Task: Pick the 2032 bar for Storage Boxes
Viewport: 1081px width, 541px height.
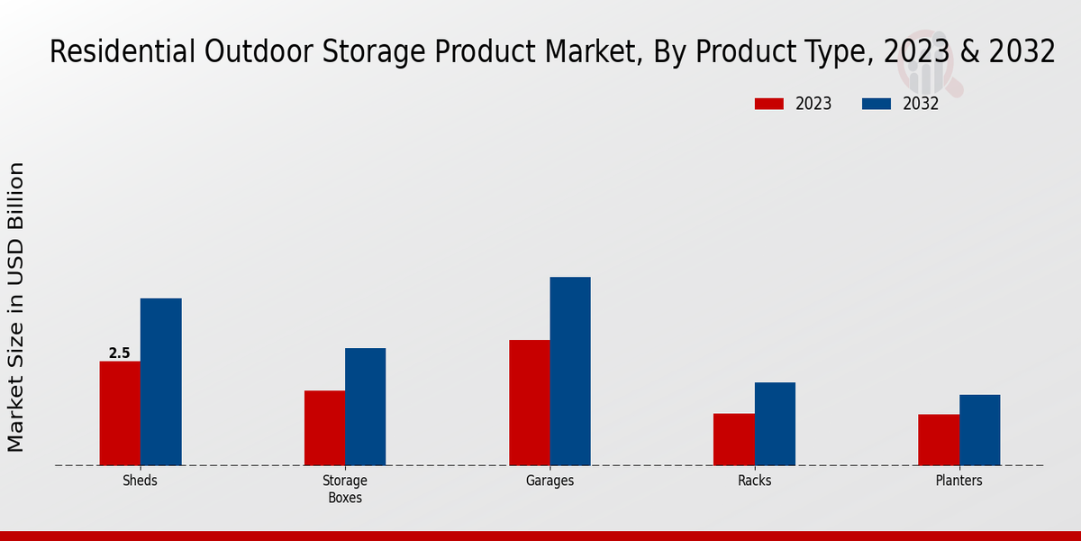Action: [x=365, y=407]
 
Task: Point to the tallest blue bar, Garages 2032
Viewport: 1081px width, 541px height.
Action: [x=570, y=371]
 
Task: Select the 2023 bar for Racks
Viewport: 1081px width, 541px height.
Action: [x=733, y=439]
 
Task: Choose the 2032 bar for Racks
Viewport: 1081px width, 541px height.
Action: [x=775, y=424]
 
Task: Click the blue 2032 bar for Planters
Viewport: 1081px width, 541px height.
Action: [x=979, y=430]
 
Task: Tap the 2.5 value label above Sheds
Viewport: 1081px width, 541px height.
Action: [x=120, y=353]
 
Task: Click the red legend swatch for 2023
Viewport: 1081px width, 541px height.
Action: [x=768, y=104]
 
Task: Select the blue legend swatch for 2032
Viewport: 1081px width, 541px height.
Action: [x=877, y=104]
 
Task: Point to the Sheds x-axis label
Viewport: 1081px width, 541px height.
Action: [x=140, y=481]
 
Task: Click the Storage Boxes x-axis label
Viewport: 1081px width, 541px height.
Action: [x=345, y=489]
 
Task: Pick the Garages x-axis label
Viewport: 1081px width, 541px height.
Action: [x=550, y=481]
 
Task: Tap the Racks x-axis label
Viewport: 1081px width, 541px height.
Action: [x=754, y=481]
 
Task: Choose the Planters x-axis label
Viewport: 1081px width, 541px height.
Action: [x=958, y=481]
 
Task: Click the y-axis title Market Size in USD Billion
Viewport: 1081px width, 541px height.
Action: [x=16, y=307]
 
